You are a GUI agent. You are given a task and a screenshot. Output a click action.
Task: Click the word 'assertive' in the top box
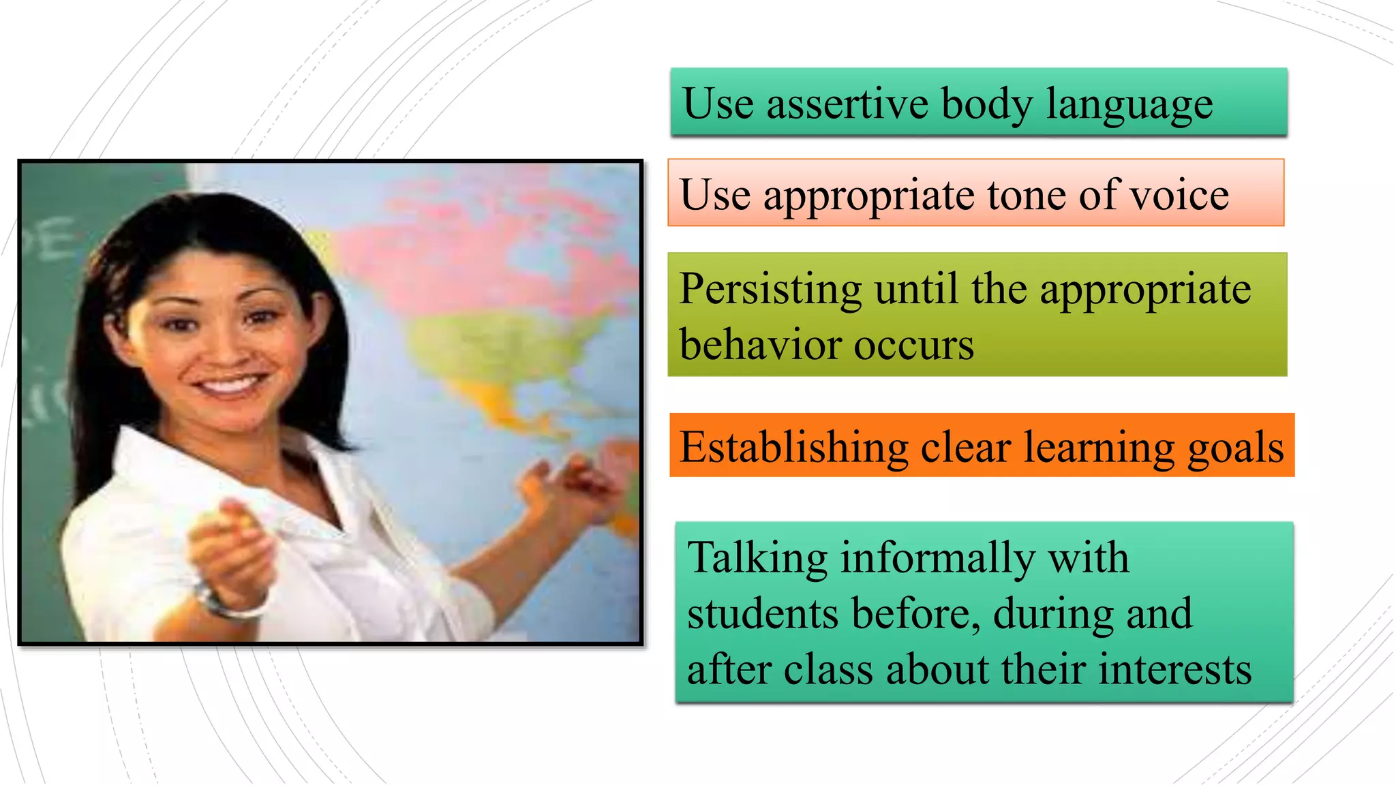847,104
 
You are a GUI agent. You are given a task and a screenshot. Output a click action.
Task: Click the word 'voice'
1179,195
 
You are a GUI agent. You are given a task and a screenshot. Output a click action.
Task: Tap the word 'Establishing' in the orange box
793,448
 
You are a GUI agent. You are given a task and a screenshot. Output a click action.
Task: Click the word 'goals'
1236,449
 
